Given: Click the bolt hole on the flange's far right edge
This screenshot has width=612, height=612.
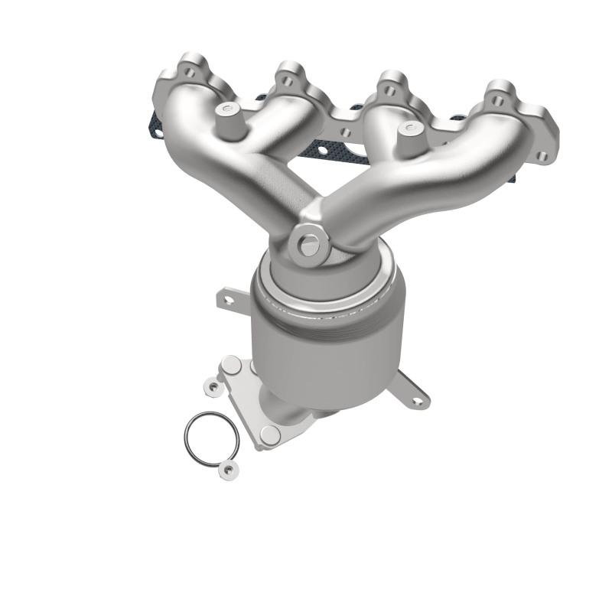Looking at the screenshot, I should coord(542,157).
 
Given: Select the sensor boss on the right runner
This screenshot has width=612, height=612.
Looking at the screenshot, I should coord(411,129).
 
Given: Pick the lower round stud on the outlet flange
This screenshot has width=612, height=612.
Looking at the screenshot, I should coord(269,435).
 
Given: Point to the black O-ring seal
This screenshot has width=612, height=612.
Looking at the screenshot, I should coord(211,441).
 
